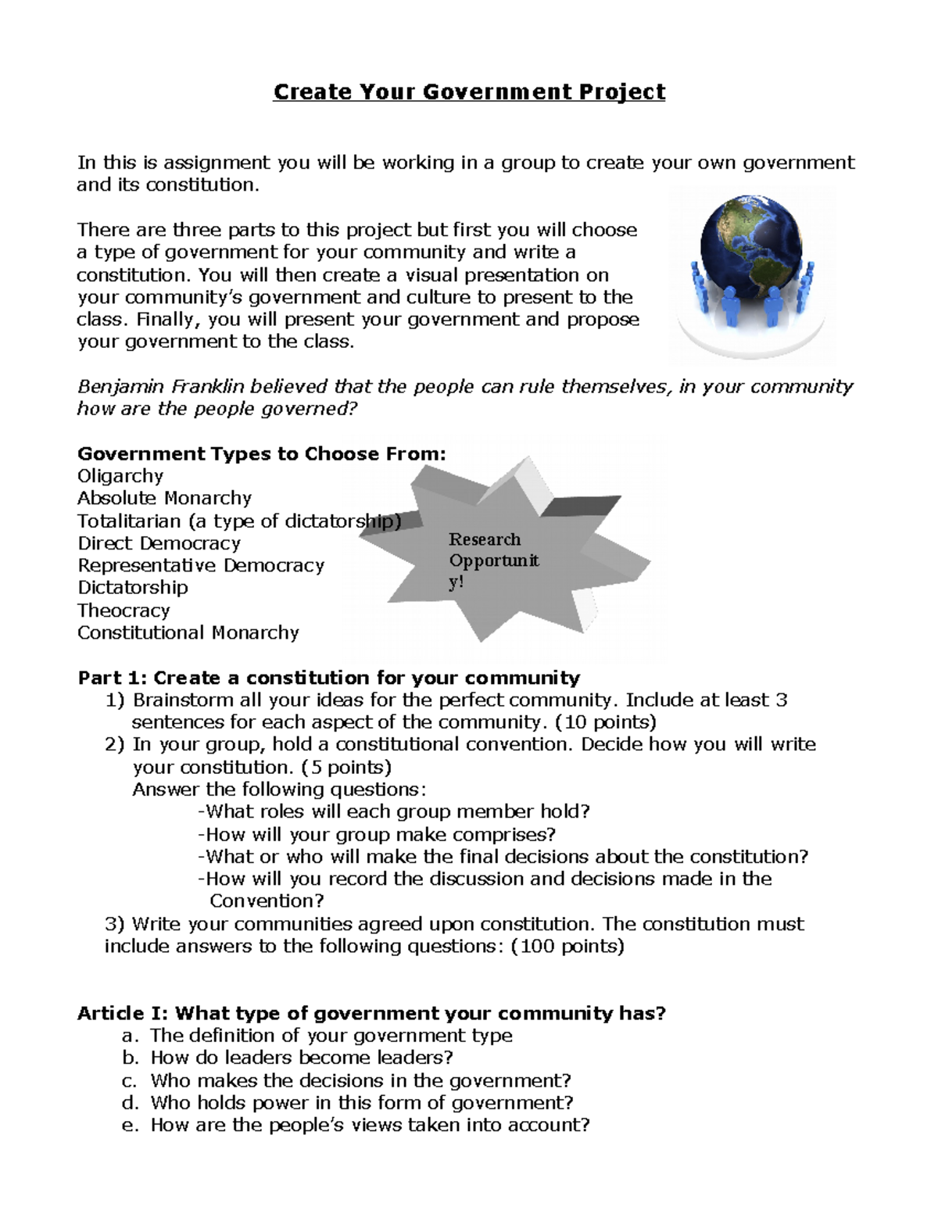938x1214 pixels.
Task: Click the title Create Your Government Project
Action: (x=469, y=92)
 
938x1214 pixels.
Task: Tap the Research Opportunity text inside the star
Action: (x=493, y=560)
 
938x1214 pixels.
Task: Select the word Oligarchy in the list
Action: (x=120, y=476)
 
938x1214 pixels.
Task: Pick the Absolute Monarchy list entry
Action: (x=164, y=498)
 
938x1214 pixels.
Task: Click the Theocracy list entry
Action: (x=124, y=611)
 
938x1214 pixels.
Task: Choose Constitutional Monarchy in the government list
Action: (x=188, y=632)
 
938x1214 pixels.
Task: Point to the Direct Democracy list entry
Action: (x=159, y=543)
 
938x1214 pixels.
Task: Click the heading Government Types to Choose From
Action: (x=262, y=454)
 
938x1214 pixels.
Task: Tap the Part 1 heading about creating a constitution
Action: (x=328, y=678)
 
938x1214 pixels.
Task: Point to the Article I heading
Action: (x=371, y=1014)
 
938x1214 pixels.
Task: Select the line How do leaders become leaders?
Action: (x=302, y=1058)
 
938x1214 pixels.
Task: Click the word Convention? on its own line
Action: (x=267, y=901)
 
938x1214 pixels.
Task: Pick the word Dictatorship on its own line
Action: (x=133, y=588)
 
